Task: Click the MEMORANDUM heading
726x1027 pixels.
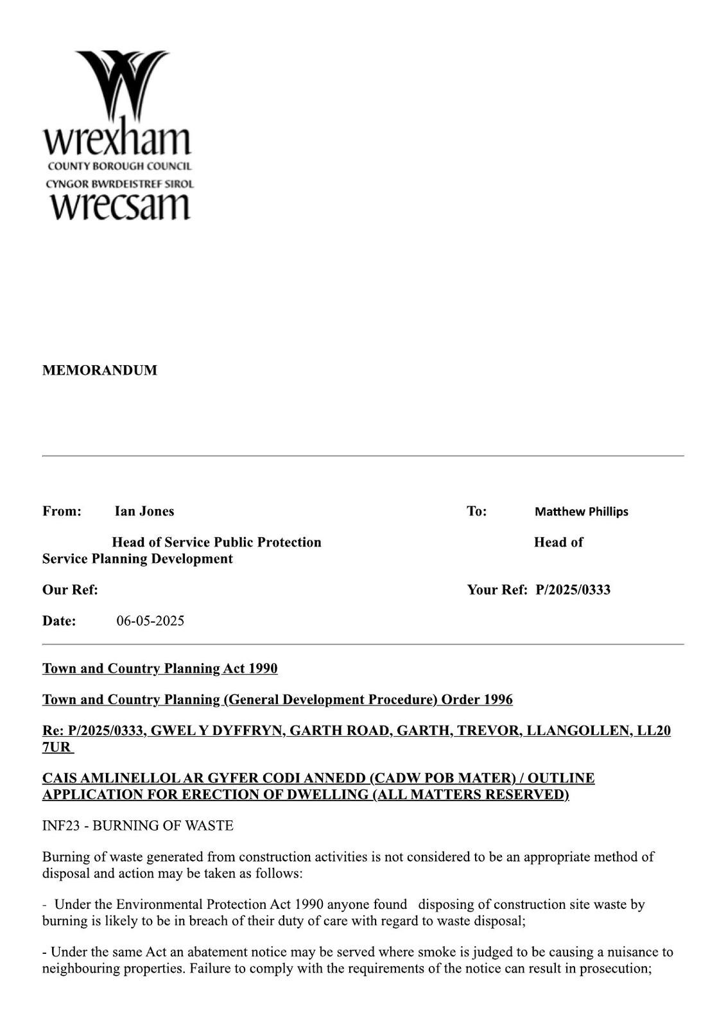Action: pos(99,370)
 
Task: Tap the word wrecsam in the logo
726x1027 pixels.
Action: pos(119,205)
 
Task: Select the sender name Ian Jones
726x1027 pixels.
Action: pos(144,511)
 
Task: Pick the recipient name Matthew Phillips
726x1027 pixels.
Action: pos(581,512)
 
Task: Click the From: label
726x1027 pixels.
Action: pos(62,511)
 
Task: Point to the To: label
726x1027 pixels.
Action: pos(476,511)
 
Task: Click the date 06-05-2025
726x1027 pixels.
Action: pos(150,621)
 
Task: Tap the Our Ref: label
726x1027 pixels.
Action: pos(70,590)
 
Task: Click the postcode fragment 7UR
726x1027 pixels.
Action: pos(56,747)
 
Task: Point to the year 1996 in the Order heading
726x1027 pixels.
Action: pos(498,700)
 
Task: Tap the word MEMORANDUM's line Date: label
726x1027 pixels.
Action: pos(59,621)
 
